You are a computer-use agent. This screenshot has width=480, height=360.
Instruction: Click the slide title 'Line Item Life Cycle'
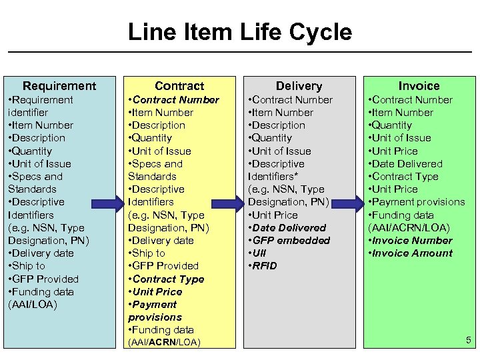coord(239,32)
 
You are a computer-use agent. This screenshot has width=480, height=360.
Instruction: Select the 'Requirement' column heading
coord(59,85)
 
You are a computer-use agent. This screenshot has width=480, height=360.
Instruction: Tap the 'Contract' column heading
coord(179,85)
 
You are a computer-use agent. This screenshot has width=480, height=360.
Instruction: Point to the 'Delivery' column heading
coord(299,85)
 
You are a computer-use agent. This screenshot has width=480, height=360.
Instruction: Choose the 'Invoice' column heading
coord(419,85)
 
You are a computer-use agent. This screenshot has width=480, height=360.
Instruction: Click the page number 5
coord(468,341)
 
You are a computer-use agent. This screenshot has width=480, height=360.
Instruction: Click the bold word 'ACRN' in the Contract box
coord(163,343)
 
